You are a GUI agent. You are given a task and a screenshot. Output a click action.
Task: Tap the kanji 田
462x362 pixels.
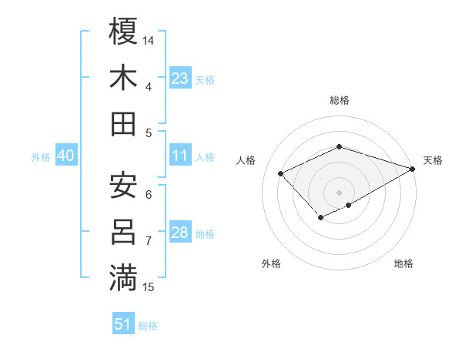[x=124, y=124]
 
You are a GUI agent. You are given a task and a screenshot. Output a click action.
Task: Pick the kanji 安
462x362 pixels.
[x=124, y=186]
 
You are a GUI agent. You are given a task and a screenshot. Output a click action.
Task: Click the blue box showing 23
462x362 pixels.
[x=180, y=78]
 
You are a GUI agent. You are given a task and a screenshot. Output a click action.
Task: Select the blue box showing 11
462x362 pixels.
[x=180, y=156]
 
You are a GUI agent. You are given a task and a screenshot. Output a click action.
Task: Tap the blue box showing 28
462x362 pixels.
[x=180, y=233]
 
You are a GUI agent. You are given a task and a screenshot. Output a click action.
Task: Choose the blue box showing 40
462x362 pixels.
[x=65, y=156]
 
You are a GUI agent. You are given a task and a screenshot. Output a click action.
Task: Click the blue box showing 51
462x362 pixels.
[x=123, y=324]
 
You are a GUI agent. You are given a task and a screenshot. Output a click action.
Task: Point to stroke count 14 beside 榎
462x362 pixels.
[x=149, y=40]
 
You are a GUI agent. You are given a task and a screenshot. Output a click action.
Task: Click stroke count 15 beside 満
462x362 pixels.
[x=149, y=287]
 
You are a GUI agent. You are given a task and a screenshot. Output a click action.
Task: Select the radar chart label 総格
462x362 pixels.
[x=339, y=100]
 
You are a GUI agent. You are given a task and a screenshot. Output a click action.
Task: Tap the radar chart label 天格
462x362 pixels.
[x=433, y=160]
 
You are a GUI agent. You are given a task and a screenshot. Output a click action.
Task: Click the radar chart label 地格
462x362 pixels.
[x=403, y=264]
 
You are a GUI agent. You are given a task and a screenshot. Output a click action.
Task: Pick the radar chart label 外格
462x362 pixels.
[x=271, y=264]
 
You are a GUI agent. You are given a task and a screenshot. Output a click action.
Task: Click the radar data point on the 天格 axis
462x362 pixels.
[x=413, y=167]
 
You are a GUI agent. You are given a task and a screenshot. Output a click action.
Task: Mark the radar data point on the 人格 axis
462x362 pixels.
[x=281, y=173]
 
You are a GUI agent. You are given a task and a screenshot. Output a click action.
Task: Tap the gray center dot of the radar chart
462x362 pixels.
[x=339, y=192]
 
